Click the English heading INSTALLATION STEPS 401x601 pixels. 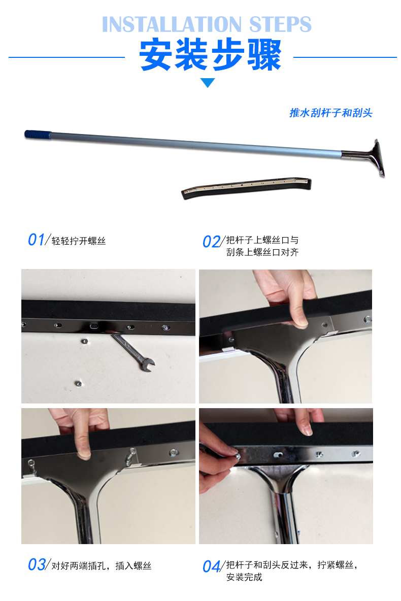click(207, 24)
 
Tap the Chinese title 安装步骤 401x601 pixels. click(211, 55)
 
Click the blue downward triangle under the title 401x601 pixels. click(208, 83)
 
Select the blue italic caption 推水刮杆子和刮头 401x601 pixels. click(331, 113)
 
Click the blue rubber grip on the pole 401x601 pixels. click(38, 135)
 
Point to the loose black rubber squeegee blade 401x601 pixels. click(247, 188)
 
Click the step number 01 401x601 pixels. click(37, 240)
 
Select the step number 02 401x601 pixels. click(211, 242)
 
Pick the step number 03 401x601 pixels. click(37, 564)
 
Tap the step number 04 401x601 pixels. click(211, 566)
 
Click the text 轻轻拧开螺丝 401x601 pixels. click(79, 241)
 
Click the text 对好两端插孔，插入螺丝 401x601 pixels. click(101, 566)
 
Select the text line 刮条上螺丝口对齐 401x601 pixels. click(262, 252)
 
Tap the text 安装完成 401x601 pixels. click(244, 577)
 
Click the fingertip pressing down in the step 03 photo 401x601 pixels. click(84, 453)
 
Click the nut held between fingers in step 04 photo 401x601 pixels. click(237, 456)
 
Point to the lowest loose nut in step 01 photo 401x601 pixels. click(78, 383)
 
